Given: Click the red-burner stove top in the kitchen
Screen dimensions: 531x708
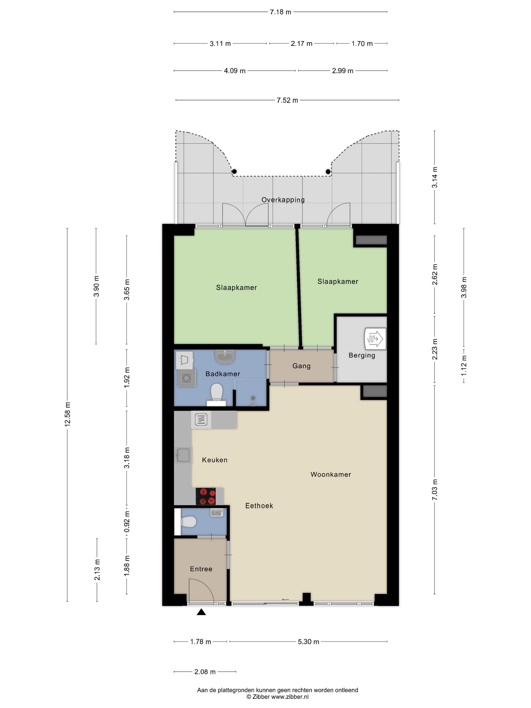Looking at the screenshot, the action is (206, 496).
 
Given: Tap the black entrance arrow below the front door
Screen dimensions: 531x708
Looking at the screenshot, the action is (201, 612).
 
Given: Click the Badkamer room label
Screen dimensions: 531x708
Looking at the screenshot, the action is (223, 374).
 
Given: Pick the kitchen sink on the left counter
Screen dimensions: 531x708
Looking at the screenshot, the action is (183, 455).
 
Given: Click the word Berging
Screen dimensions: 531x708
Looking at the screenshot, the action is (362, 356).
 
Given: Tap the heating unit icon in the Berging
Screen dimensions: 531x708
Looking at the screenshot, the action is (375, 338).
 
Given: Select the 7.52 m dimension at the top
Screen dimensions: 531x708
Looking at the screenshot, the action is (287, 100).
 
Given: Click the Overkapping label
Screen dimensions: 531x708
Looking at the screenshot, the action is (283, 200).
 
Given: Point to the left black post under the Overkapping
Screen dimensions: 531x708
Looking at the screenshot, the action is (234, 171).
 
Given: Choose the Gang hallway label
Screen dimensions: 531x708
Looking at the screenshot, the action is (301, 366).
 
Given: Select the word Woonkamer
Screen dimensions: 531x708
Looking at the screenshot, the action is (331, 474).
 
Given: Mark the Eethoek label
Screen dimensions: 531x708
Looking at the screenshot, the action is (259, 506).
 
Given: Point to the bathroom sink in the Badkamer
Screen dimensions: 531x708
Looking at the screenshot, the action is (225, 357).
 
